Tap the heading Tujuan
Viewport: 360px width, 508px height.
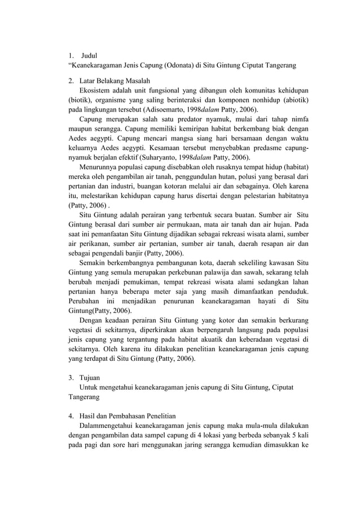click(x=91, y=376)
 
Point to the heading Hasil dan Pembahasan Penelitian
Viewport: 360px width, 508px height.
click(x=129, y=415)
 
